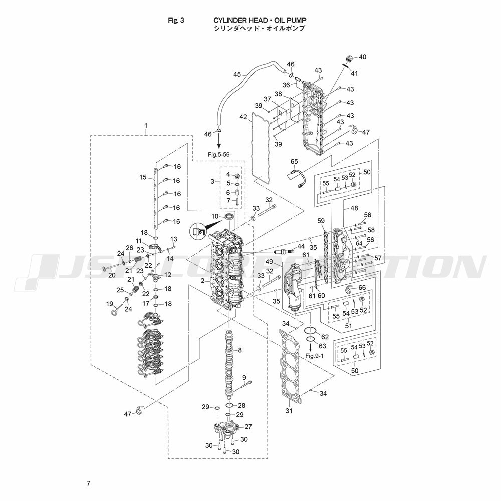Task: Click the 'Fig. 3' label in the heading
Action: click(177, 20)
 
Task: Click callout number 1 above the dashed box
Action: click(146, 124)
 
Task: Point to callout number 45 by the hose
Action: click(237, 75)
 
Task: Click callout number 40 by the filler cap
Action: click(362, 57)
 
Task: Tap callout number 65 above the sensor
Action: click(294, 161)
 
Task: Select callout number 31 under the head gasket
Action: click(289, 411)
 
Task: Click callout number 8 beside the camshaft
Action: click(240, 350)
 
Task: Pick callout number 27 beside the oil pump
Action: click(248, 426)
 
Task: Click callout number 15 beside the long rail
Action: click(143, 177)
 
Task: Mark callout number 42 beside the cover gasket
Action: click(243, 117)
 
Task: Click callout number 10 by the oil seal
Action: click(215, 216)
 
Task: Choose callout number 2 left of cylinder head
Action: click(202, 281)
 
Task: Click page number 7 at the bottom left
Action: click(88, 483)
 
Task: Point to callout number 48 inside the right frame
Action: click(354, 207)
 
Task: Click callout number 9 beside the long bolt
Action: click(244, 377)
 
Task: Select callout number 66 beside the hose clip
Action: click(362, 288)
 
